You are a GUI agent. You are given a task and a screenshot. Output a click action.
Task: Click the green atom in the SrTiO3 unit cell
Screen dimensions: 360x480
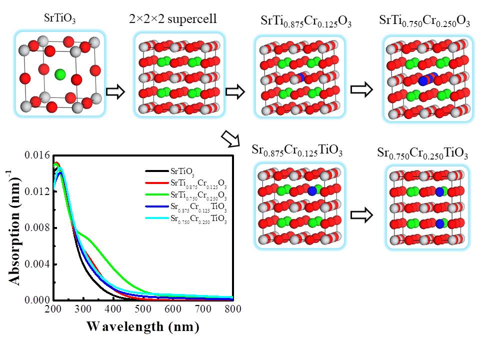60,74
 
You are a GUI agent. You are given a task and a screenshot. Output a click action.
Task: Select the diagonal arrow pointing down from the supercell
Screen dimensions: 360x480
231,139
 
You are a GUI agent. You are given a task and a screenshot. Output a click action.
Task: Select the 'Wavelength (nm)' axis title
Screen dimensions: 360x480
142,327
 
